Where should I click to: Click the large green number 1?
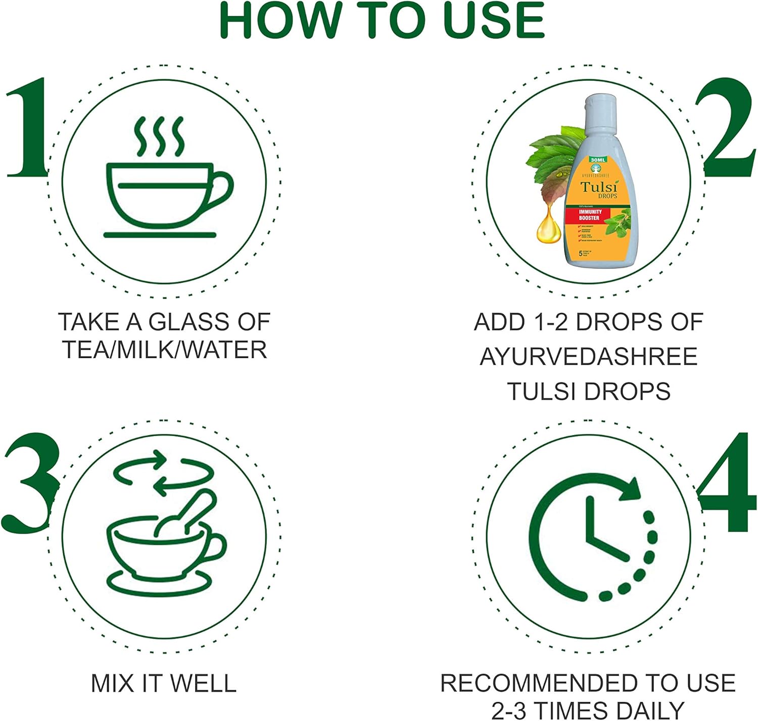pyautogui.click(x=28, y=129)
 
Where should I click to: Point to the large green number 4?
pyautogui.click(x=728, y=483)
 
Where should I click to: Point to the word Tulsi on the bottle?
pyautogui.click(x=598, y=186)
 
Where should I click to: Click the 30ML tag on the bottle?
pyautogui.click(x=598, y=160)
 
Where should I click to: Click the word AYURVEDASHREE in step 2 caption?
pyautogui.click(x=589, y=357)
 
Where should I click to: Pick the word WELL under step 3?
pyautogui.click(x=203, y=684)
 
